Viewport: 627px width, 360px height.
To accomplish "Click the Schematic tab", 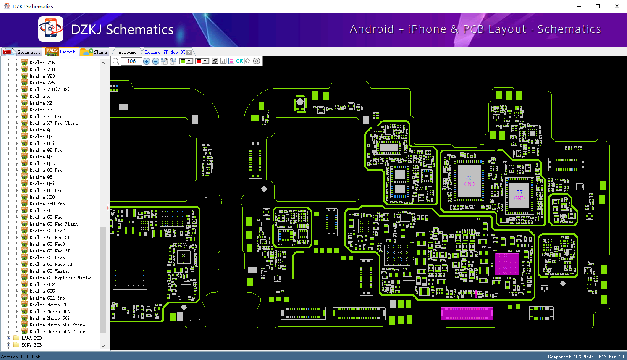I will pyautogui.click(x=22, y=52).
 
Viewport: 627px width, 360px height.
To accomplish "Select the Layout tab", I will pyautogui.click(x=61, y=52).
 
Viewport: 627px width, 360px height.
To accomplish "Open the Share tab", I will pyautogui.click(x=94, y=52).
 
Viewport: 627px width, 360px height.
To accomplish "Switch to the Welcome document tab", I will pyautogui.click(x=127, y=52).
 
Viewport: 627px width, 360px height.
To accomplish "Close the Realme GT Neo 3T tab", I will pyautogui.click(x=189, y=52).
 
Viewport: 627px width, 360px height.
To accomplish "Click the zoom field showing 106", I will pyautogui.click(x=131, y=61).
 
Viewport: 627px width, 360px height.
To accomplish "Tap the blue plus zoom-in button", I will pyautogui.click(x=147, y=61).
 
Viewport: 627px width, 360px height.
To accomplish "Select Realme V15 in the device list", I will pyautogui.click(x=42, y=63).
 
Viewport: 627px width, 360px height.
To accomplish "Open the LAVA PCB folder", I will pyautogui.click(x=31, y=338).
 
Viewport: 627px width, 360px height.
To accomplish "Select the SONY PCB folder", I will pyautogui.click(x=31, y=345).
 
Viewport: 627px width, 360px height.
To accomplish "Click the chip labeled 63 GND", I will pyautogui.click(x=469, y=181).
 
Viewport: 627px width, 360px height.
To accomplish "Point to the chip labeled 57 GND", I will pyautogui.click(x=519, y=195).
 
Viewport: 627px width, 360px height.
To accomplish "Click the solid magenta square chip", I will pyautogui.click(x=507, y=264).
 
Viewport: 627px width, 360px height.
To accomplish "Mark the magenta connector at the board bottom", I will pyautogui.click(x=467, y=313).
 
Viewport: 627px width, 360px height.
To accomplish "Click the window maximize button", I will pyautogui.click(x=598, y=6).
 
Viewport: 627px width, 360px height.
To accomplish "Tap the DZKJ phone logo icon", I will pyautogui.click(x=51, y=29).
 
